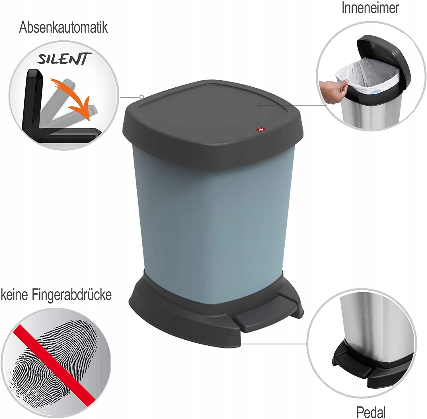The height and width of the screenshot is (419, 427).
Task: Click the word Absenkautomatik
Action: (x=63, y=28)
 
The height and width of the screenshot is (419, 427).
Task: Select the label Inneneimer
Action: (x=370, y=8)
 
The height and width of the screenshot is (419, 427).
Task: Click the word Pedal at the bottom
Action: (x=371, y=412)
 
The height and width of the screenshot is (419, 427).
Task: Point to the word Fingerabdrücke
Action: (x=71, y=295)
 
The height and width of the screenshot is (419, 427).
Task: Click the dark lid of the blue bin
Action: (x=213, y=125)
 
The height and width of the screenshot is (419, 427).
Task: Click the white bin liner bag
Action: (x=367, y=75)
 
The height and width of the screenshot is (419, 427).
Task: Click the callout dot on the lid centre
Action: (x=259, y=105)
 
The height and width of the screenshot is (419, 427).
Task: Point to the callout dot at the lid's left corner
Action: (x=142, y=97)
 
